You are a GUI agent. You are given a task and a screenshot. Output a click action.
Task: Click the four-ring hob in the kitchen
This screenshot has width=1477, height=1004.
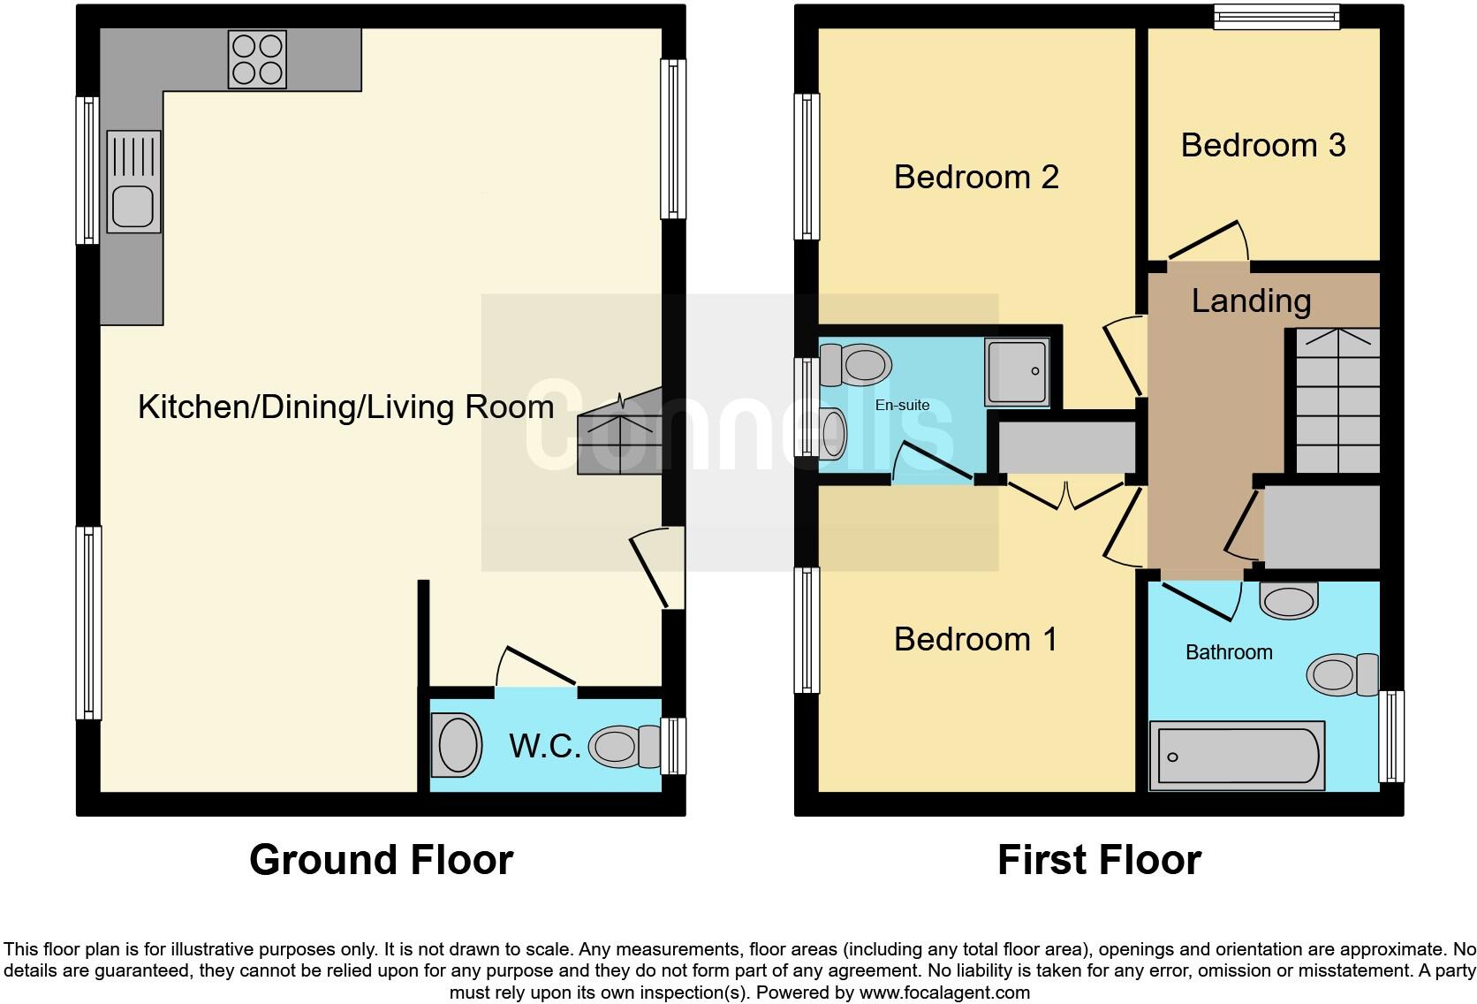tap(257, 59)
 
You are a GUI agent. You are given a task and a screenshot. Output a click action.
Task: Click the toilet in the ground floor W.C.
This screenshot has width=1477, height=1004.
tap(624, 747)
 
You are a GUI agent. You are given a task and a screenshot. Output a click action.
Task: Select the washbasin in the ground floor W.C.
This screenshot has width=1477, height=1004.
tap(458, 745)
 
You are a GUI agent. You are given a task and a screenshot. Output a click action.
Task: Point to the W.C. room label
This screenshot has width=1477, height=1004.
tap(544, 747)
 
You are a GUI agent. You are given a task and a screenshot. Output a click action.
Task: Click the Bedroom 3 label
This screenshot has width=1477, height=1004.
tap(1262, 145)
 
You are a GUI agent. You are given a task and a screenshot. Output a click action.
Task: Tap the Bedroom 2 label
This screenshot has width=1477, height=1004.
tap(975, 177)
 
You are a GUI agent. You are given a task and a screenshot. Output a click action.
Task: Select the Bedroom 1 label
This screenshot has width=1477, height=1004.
tap(974, 639)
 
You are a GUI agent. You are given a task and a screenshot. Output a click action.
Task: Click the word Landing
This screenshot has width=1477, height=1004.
tap(1250, 300)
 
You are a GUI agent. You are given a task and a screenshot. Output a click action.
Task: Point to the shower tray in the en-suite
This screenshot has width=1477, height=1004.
tap(1019, 371)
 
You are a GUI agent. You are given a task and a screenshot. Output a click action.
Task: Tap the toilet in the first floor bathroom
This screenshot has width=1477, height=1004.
tap(1342, 674)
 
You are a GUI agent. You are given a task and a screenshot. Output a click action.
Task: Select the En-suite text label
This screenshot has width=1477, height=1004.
tap(902, 405)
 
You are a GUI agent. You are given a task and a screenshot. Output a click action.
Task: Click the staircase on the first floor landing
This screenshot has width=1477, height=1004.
tap(1337, 400)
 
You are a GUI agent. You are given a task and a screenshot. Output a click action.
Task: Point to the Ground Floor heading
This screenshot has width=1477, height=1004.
tap(381, 860)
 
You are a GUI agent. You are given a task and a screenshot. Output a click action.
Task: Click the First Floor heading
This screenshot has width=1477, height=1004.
tap(1099, 860)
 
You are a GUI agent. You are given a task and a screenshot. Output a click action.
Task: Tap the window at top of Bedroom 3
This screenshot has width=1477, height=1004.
tap(1276, 16)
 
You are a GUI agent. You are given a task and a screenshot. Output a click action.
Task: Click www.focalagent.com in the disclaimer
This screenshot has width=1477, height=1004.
tap(944, 993)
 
